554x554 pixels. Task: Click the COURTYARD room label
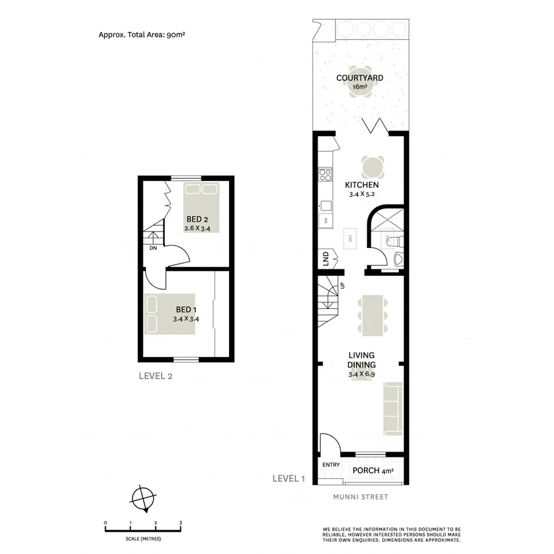(360, 78)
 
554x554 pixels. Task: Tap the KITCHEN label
(361, 185)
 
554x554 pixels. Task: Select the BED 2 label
(197, 219)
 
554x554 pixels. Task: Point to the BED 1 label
(187, 309)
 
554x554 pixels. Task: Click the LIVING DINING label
(362, 359)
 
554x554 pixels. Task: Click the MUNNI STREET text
(361, 497)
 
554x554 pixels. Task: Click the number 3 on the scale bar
(180, 523)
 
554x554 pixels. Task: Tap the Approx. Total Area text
(142, 35)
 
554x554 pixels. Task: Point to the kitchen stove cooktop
(325, 175)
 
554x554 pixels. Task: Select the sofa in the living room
(391, 406)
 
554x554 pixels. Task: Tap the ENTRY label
(331, 465)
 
